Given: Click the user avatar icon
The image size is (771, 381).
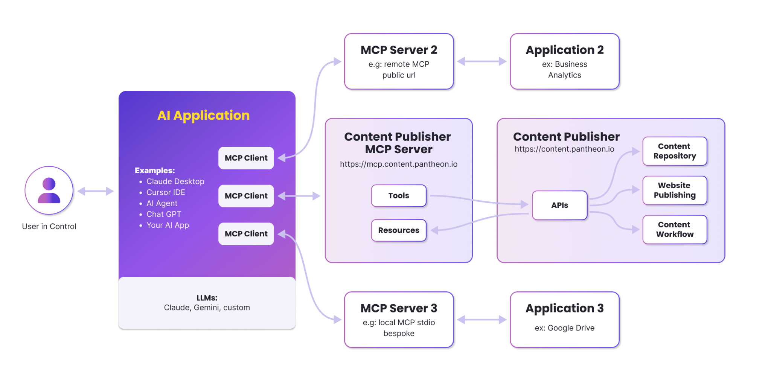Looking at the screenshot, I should point(49,190).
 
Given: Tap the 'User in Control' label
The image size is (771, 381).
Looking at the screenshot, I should point(49,226).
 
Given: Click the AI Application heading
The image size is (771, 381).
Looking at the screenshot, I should point(203,115).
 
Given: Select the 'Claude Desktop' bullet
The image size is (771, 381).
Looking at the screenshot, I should point(175,181).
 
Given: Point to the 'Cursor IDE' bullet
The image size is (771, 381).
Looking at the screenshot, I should point(166,192).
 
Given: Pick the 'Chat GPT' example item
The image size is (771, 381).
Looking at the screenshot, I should point(164,214).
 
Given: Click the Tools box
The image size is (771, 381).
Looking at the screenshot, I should point(399,196).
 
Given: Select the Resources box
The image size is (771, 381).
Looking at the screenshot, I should point(399,230).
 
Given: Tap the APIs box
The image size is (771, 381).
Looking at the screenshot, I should point(560,205).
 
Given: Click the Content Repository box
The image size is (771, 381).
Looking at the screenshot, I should point(675,151).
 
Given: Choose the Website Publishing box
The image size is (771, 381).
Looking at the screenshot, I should point(675,190).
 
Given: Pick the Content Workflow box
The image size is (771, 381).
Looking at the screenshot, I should point(675,230).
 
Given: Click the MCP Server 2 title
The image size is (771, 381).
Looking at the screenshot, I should point(399,50).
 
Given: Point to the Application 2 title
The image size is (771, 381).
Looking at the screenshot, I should point(564,50).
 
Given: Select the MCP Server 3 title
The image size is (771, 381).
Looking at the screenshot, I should point(399,308).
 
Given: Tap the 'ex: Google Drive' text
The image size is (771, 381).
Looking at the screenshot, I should point(564,328).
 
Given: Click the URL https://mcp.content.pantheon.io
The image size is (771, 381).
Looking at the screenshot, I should point(399,164).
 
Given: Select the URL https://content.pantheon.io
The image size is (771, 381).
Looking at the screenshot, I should point(564,149).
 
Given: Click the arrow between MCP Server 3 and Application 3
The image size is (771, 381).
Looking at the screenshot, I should point(482,320).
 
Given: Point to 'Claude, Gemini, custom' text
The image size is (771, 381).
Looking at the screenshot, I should point(207,308).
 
